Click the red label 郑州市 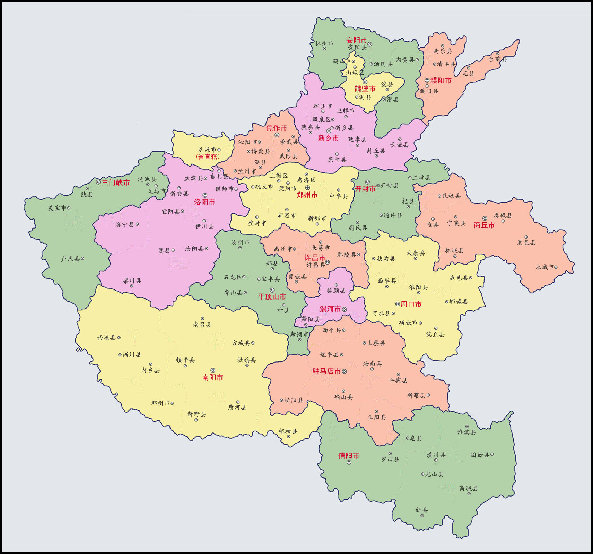coord(307,195)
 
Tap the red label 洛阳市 coord(204,202)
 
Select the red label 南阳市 coord(212,377)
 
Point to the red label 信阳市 coord(349,456)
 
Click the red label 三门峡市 coord(115,182)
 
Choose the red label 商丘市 coord(484,225)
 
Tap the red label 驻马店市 coord(326,372)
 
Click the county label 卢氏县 coord(70,259)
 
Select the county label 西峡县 coord(106,338)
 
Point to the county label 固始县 coord(480,455)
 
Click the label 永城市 coord(544,267)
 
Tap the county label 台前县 coord(498,59)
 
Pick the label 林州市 coord(324,44)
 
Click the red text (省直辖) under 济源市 coord(208,157)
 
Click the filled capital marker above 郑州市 coord(307,188)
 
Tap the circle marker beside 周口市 coord(398,304)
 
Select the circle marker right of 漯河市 coord(345,309)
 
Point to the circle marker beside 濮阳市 coord(427,80)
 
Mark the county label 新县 coord(422,510)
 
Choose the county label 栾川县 coord(132,281)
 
